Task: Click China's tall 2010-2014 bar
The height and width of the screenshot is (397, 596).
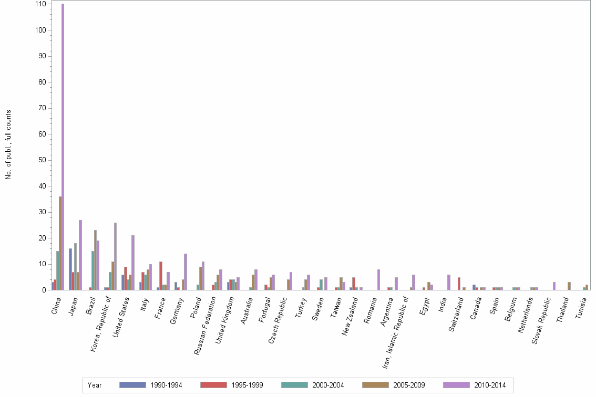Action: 63,147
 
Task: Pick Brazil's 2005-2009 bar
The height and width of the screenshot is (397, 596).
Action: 96,260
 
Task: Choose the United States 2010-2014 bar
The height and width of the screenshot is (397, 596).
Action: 133,263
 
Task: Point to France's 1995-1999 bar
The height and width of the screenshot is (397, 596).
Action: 161,276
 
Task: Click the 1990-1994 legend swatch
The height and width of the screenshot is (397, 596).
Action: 132,385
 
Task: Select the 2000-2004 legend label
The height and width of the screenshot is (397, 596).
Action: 327,385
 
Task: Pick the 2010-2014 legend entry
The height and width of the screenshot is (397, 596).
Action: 489,385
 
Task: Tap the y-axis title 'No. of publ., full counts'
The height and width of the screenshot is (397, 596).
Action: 8,145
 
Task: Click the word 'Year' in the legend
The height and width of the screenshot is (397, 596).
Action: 95,385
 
